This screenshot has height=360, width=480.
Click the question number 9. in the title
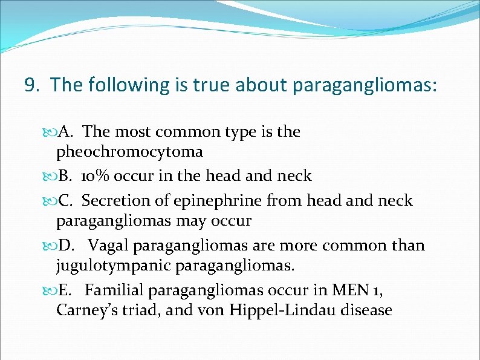click(x=33, y=85)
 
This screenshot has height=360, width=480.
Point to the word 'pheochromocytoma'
click(x=129, y=151)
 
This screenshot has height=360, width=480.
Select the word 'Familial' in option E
click(x=114, y=290)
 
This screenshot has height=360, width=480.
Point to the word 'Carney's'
click(x=86, y=310)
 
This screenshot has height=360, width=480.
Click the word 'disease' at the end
click(x=366, y=310)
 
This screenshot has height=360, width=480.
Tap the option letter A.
click(x=66, y=132)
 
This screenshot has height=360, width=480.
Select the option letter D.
click(x=67, y=246)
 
